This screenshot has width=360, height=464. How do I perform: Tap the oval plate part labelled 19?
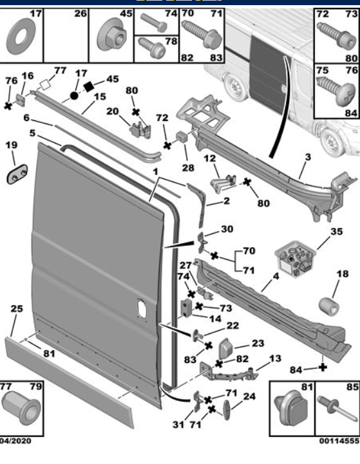[17, 173]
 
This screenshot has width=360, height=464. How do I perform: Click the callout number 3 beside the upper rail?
[307, 157]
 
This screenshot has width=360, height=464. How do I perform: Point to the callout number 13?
[276, 358]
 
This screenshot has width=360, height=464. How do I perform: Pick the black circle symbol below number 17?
[74, 95]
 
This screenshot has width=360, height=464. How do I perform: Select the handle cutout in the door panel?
[140, 308]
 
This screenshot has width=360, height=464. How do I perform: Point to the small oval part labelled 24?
[230, 409]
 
